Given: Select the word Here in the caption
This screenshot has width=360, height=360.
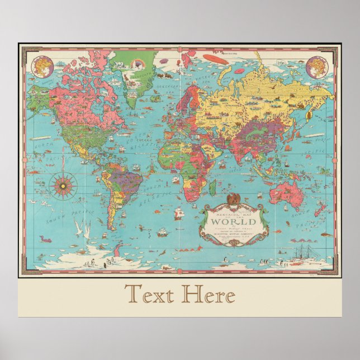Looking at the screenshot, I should pos(210,295).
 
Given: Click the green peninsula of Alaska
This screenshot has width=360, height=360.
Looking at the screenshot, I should pos(38,95).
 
